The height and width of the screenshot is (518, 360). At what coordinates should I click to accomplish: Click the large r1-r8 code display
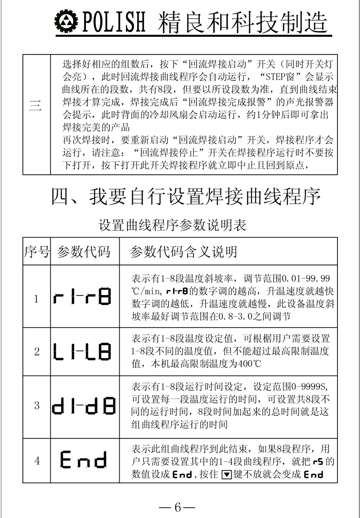(x=83, y=297)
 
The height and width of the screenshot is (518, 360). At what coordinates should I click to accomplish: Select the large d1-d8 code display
(x=83, y=404)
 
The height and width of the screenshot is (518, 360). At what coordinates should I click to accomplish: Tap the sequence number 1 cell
(x=36, y=298)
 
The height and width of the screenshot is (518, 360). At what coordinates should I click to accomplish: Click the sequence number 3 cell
(x=36, y=405)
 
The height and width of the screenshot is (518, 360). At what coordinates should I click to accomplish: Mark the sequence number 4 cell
(x=36, y=460)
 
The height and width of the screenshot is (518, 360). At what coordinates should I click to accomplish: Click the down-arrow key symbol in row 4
(x=227, y=474)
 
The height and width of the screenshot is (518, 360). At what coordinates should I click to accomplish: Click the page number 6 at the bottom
(x=177, y=508)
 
